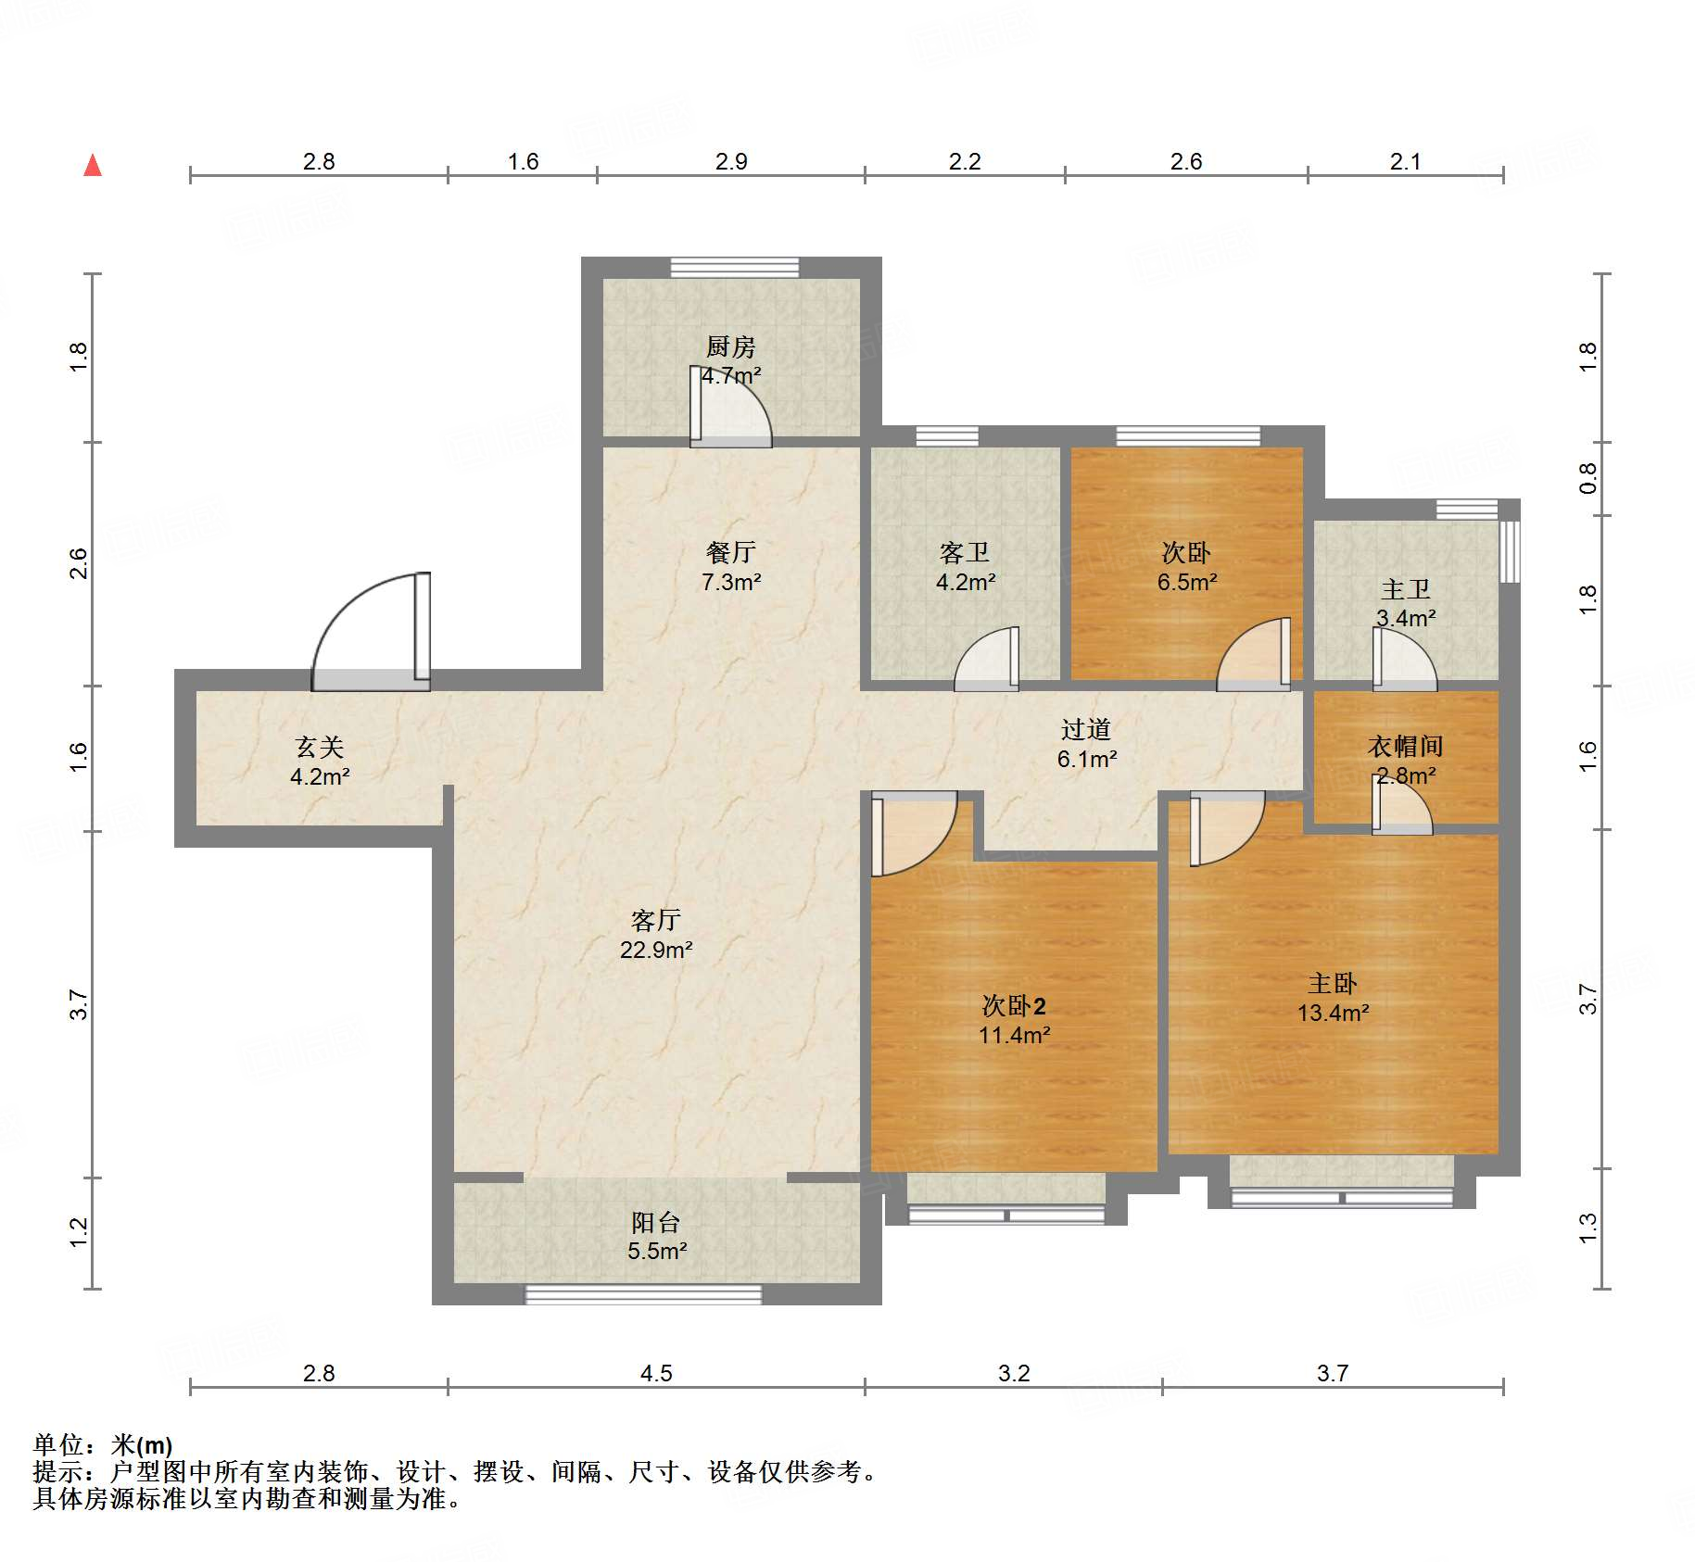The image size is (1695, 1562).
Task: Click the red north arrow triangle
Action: pyautogui.click(x=93, y=166)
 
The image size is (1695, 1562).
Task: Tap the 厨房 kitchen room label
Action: pyautogui.click(x=730, y=346)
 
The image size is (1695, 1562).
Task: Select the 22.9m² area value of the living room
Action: pyautogui.click(x=656, y=950)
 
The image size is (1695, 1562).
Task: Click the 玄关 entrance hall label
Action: pyautogui.click(x=319, y=747)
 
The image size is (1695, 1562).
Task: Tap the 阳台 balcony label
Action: pyautogui.click(x=656, y=1222)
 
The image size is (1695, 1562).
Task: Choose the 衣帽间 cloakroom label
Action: pyautogui.click(x=1405, y=746)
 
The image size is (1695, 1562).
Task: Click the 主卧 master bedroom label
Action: pyautogui.click(x=1332, y=983)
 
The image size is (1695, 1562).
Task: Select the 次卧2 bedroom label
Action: pyautogui.click(x=1014, y=1005)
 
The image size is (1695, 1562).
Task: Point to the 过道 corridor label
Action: pyautogui.click(x=1085, y=729)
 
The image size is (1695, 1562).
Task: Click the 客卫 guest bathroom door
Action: pyautogui.click(x=988, y=659)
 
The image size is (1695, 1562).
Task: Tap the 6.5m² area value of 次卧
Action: pyautogui.click(x=1186, y=582)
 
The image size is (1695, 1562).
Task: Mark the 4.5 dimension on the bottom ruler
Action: pyautogui.click(x=656, y=1373)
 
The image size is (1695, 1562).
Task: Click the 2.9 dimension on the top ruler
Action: pyautogui.click(x=731, y=161)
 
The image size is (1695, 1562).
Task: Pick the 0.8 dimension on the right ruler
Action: pyautogui.click(x=1587, y=478)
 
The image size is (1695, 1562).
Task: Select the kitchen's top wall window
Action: pyautogui.click(x=735, y=267)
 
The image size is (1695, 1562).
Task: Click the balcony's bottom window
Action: pyautogui.click(x=643, y=1294)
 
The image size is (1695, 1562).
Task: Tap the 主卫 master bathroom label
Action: pyautogui.click(x=1405, y=588)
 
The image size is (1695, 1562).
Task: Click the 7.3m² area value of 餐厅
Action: pyautogui.click(x=730, y=582)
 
